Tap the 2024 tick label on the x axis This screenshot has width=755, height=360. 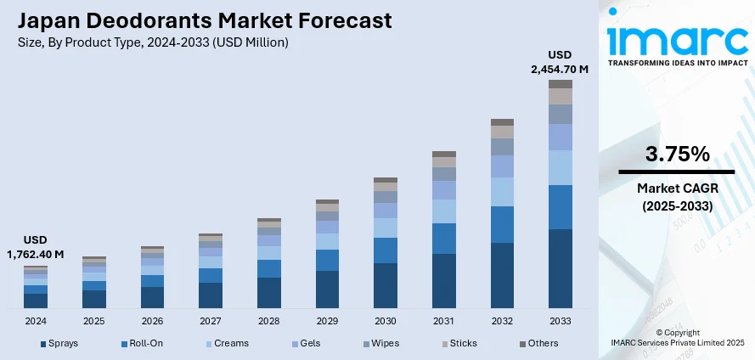(36, 322)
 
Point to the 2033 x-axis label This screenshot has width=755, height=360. (560, 322)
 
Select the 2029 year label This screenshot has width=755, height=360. (327, 322)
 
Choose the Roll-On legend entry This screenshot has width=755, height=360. (145, 343)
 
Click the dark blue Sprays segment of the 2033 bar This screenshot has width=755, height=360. (560, 268)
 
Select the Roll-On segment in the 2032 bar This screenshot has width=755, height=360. (502, 224)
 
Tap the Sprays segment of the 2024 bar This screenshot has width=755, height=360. (36, 301)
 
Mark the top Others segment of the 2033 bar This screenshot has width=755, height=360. (560, 84)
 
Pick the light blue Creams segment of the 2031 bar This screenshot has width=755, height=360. (444, 211)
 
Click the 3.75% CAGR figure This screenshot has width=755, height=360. (677, 155)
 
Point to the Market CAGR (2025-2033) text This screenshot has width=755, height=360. (677, 198)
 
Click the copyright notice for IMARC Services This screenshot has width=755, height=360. (677, 337)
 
